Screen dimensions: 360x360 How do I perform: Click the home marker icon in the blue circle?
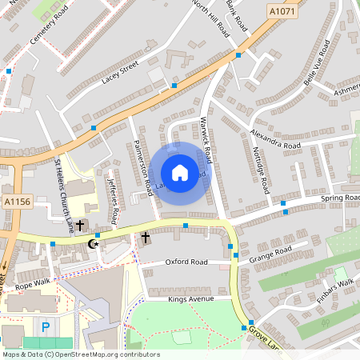coord(179,172)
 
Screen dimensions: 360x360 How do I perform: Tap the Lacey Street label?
coord(120,72)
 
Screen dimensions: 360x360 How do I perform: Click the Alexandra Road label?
coord(274,140)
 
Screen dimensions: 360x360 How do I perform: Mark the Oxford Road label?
coord(186,262)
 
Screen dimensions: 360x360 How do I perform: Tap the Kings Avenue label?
coord(193,299)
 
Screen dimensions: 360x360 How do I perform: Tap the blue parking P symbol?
coord(45,326)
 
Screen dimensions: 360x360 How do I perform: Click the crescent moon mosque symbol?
coord(93,242)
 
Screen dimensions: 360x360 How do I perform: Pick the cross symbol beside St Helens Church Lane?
coord(80,226)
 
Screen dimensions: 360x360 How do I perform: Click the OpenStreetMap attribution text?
coord(80,354)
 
